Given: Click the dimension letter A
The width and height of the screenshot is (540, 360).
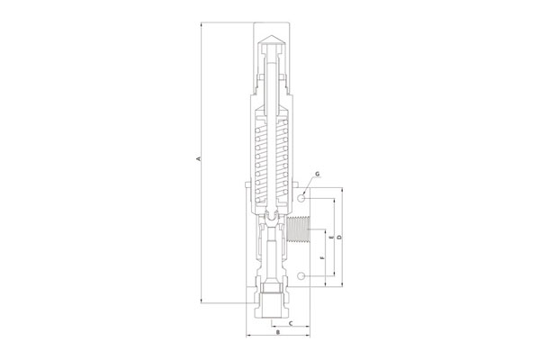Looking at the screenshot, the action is point(198,158).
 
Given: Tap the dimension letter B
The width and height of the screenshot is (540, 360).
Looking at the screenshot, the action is point(278,332).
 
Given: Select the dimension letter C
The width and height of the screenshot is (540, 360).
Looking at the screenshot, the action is point(291,323).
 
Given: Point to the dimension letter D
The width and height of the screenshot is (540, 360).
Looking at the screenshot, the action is point(338,238).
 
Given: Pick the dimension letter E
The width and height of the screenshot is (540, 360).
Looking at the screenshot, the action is point(331,238).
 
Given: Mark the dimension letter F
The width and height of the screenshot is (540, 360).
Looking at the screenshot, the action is point(322,257).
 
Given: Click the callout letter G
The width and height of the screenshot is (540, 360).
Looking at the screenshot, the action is point(317,174).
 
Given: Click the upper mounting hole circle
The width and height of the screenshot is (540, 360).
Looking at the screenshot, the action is point(301,198).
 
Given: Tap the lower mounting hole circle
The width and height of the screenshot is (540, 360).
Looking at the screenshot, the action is point(301,275).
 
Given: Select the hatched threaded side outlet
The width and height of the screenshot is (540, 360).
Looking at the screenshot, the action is point(298,229).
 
